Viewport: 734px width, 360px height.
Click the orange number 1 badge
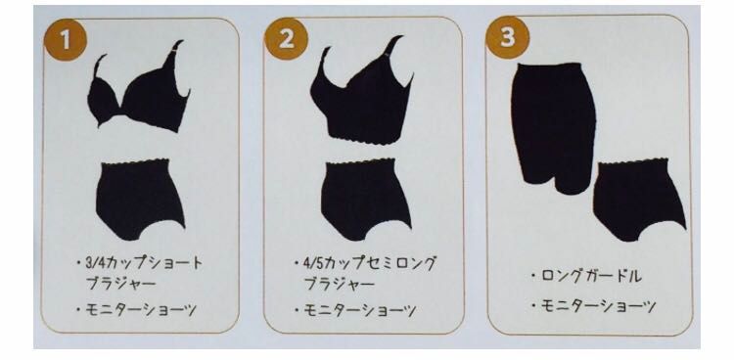pyautogui.click(x=66, y=40)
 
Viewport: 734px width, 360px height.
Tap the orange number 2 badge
pyautogui.click(x=286, y=38)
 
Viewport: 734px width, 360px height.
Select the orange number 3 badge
pyautogui.click(x=507, y=37)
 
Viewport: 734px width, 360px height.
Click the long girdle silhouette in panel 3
pyautogui.click(x=554, y=126)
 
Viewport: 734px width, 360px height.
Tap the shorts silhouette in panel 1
pyautogui.click(x=140, y=199)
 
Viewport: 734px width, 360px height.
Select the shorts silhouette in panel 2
pyautogui.click(x=366, y=199)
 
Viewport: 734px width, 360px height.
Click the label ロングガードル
pyautogui.click(x=591, y=276)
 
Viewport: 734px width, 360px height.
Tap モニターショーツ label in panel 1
pyautogui.click(x=141, y=310)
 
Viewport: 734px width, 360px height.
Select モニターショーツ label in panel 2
pyautogui.click(x=359, y=310)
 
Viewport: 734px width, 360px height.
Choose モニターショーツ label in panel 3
pyautogui.click(x=598, y=306)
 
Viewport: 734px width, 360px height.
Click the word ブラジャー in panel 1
pyautogui.click(x=120, y=284)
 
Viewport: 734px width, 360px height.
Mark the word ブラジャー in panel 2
pyautogui.click(x=340, y=284)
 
